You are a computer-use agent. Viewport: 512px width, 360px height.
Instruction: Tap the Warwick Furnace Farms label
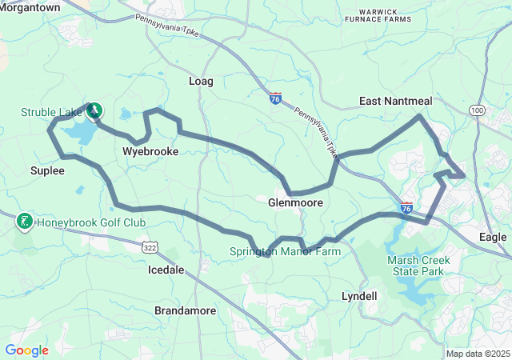pyautogui.click(x=379, y=16)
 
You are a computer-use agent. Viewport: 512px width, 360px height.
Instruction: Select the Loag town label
pyautogui.click(x=201, y=82)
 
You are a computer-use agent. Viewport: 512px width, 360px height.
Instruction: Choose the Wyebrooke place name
pyautogui.click(x=150, y=151)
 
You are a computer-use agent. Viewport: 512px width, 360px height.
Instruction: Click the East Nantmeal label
pyautogui.click(x=395, y=102)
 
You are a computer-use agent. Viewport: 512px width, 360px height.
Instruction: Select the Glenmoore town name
pyautogui.click(x=295, y=203)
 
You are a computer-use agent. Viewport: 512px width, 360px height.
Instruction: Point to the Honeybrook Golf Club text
pyautogui.click(x=90, y=222)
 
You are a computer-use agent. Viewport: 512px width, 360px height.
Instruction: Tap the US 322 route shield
pyautogui.click(x=150, y=248)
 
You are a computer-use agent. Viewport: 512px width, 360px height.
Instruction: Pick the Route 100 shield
pyautogui.click(x=478, y=110)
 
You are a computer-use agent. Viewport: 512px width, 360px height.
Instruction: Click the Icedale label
pyautogui.click(x=166, y=270)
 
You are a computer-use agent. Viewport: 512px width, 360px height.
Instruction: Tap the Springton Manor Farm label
pyautogui.click(x=286, y=251)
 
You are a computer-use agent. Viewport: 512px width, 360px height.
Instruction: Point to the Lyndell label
pyautogui.click(x=359, y=296)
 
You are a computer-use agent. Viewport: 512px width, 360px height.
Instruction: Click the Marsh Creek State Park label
pyautogui.click(x=418, y=266)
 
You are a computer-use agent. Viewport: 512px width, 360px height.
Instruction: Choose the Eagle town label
pyautogui.click(x=493, y=238)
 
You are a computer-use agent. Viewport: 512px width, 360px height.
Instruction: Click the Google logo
pyautogui.click(x=26, y=350)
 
